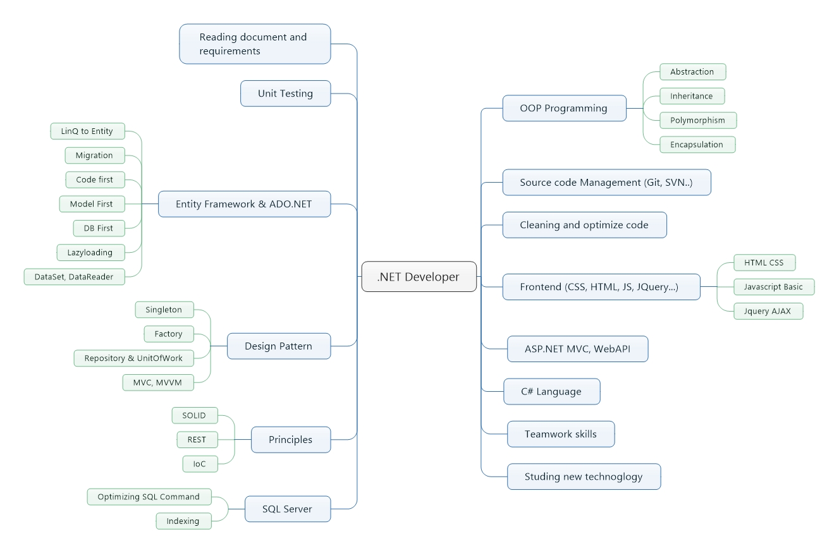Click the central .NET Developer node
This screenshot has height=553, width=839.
click(419, 276)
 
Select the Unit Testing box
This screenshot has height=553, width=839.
click(285, 94)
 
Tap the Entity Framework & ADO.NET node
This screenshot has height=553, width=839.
click(244, 204)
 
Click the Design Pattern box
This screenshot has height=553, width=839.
click(278, 346)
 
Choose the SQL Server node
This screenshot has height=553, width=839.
click(287, 509)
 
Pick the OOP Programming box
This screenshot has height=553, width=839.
click(563, 108)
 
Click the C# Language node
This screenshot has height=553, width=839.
click(551, 392)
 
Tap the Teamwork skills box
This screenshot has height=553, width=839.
click(560, 434)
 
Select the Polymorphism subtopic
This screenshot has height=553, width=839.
click(697, 120)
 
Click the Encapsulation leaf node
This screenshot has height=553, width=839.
click(697, 145)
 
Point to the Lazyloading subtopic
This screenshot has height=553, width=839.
click(90, 253)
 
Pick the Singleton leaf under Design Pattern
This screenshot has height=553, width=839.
click(164, 310)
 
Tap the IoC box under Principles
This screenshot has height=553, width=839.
click(200, 464)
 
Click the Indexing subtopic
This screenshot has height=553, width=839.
click(183, 521)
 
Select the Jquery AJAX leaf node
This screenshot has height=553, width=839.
click(768, 311)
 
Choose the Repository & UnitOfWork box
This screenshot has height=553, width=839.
click(133, 358)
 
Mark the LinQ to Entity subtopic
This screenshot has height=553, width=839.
click(87, 131)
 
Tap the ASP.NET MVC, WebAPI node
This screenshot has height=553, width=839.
click(577, 349)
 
